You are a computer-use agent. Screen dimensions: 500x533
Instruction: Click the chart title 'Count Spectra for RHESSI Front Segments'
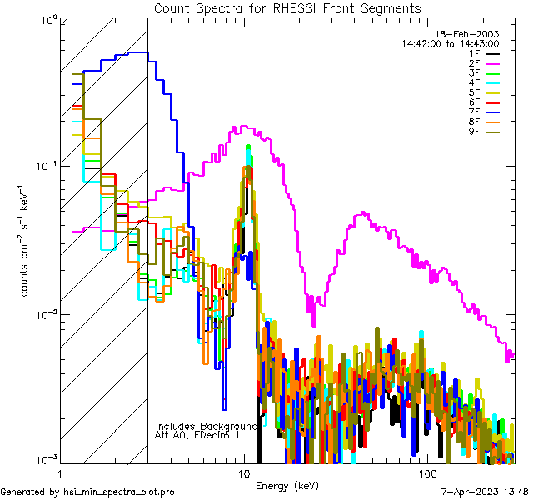tap(287, 8)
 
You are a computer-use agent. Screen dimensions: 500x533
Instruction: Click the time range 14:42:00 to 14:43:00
tap(450, 43)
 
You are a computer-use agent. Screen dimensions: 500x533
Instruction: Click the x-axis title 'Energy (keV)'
tap(287, 486)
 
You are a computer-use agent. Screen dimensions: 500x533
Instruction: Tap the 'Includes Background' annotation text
tap(207, 426)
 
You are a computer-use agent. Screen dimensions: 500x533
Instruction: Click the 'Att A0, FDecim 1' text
tap(197, 435)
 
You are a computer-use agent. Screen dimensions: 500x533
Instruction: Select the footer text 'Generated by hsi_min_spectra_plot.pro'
tap(87, 492)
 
